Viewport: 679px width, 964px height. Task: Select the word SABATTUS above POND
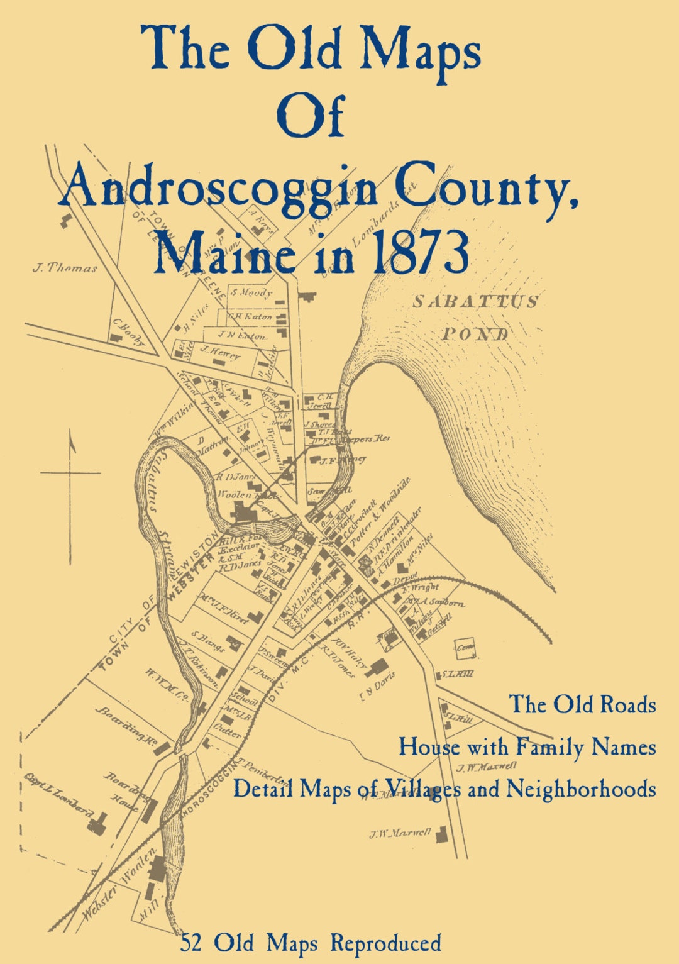pyautogui.click(x=475, y=302)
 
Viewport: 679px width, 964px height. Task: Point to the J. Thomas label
pyautogui.click(x=65, y=268)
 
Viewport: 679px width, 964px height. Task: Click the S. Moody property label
pyautogui.click(x=251, y=292)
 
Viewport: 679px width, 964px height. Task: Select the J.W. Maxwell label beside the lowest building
pyautogui.click(x=400, y=834)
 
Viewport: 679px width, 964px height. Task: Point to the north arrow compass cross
pyautogui.click(x=70, y=472)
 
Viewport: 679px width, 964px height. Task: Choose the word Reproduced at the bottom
pyautogui.click(x=385, y=943)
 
